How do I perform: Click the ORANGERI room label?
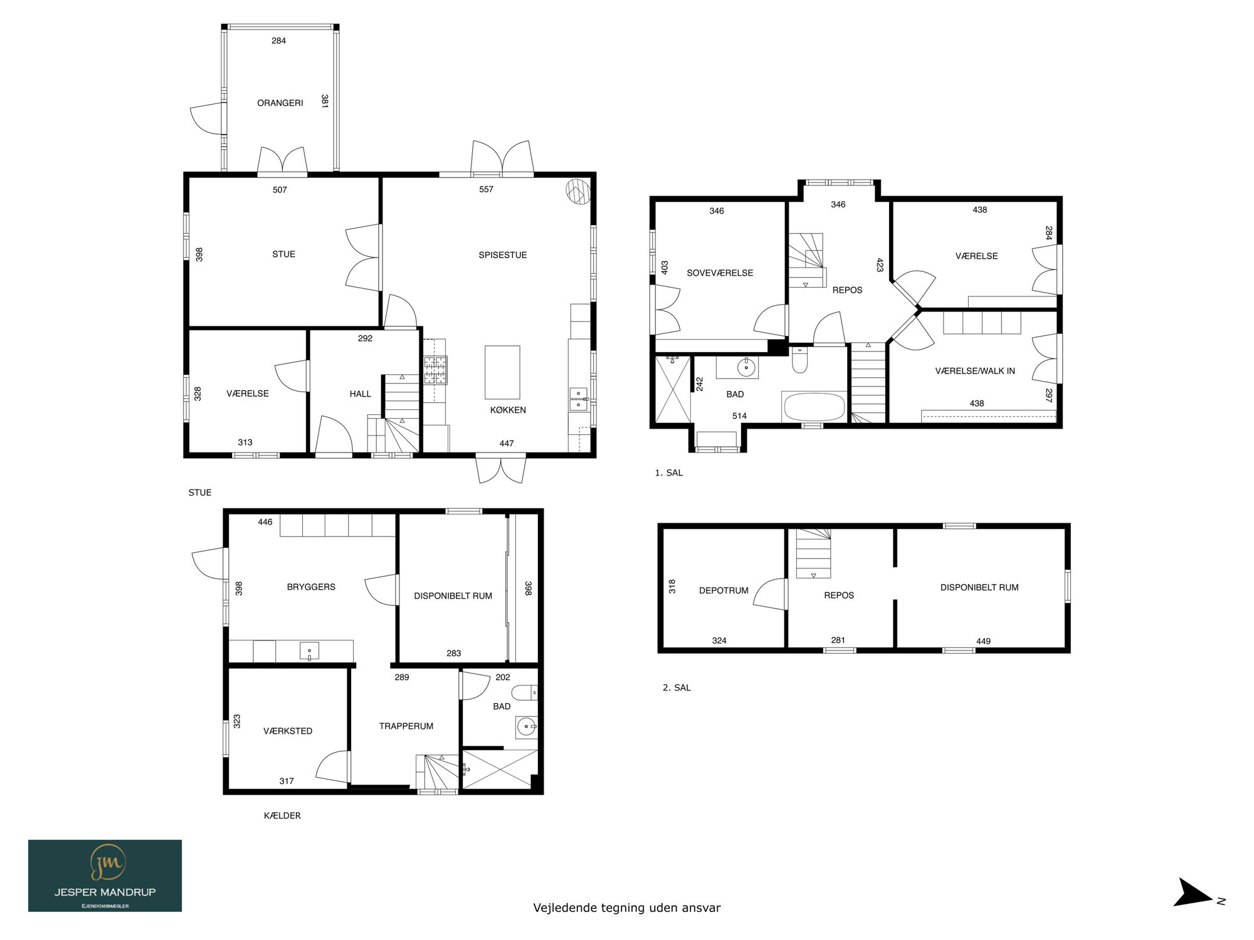(280, 103)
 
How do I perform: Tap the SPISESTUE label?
(503, 255)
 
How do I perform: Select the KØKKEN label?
(508, 410)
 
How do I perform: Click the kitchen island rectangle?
(502, 372)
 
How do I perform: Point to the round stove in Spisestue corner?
(578, 191)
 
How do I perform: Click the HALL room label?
(361, 394)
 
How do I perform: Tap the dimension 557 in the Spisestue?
(486, 189)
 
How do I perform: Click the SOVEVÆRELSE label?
(720, 273)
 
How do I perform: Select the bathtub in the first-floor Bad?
(814, 407)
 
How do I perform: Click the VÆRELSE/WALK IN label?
(975, 371)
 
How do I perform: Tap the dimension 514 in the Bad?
(739, 416)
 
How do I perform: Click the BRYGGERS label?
(311, 587)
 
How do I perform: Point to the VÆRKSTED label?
(288, 731)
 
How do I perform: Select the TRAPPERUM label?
(406, 726)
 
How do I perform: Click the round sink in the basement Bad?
(526, 727)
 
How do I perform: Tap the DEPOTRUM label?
(724, 590)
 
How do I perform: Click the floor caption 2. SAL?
(677, 687)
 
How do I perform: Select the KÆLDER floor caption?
(282, 815)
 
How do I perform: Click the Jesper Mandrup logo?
(105, 875)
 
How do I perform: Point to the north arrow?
(1194, 892)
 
